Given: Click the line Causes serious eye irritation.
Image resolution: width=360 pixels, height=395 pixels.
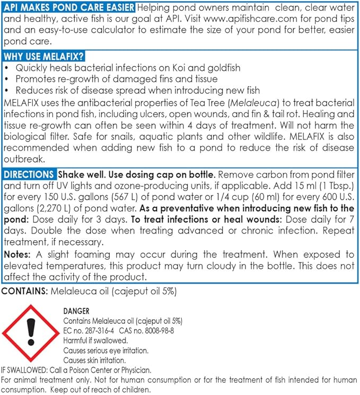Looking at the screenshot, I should click(x=106, y=350).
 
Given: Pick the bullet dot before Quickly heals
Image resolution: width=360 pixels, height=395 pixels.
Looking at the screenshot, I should click(x=6, y=68).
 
